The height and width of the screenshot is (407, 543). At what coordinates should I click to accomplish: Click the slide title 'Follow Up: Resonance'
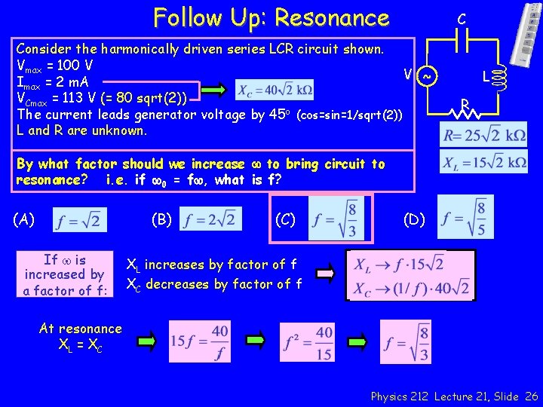pyautogui.click(x=271, y=17)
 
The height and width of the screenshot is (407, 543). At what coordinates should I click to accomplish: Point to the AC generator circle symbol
pyautogui.click(x=428, y=76)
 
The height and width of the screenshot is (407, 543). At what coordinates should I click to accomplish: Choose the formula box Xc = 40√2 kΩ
pyautogui.click(x=274, y=90)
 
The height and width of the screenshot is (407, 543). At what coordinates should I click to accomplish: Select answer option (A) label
pyautogui.click(x=24, y=219)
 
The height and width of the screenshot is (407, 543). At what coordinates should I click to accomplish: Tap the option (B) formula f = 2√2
pyautogui.click(x=211, y=220)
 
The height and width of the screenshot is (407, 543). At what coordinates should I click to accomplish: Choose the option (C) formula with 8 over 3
pyautogui.click(x=336, y=218)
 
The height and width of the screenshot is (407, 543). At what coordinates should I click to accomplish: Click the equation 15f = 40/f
pyautogui.click(x=201, y=341)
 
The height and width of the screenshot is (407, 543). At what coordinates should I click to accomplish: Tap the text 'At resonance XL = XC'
pyautogui.click(x=80, y=337)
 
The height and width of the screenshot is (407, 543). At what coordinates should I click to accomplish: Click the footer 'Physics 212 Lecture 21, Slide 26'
pyautogui.click(x=454, y=396)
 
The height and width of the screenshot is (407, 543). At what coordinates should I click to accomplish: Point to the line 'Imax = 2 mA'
pyautogui.click(x=51, y=82)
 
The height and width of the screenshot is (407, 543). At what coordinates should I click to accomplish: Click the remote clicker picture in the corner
pyautogui.click(x=528, y=34)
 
